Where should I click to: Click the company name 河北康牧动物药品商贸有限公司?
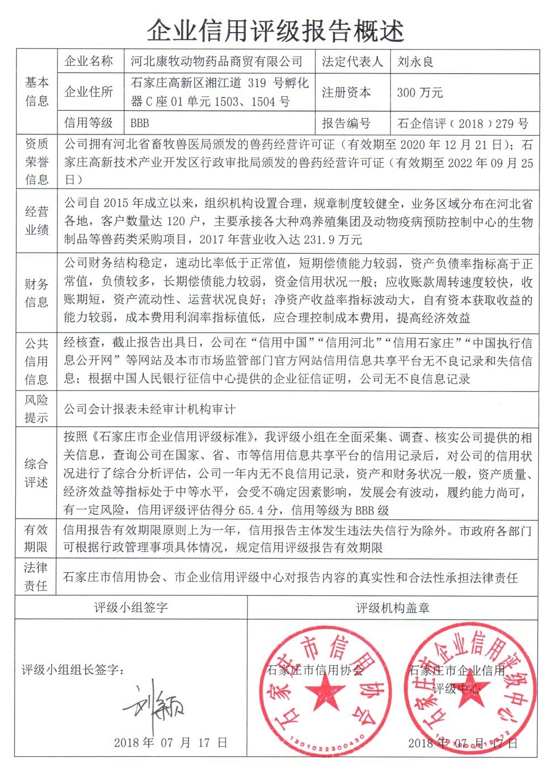pyautogui.click(x=217, y=61)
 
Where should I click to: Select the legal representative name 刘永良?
pyautogui.click(x=415, y=61)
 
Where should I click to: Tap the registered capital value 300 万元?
pyautogui.click(x=420, y=93)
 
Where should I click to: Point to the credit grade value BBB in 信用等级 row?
pyautogui.click(x=139, y=123)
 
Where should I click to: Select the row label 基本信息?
pyautogui.click(x=37, y=92)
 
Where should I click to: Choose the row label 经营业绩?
pyautogui.click(x=37, y=221)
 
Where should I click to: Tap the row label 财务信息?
pyautogui.click(x=37, y=293)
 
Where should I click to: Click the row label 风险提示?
pyautogui.click(x=37, y=409)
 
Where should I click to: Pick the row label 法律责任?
pyautogui.click(x=37, y=576)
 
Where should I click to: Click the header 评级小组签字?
pyautogui.click(x=130, y=608)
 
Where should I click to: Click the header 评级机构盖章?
pyautogui.click(x=393, y=608)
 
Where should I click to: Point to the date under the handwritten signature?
pyautogui.click(x=170, y=743)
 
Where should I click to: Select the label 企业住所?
pyautogui.click(x=89, y=92)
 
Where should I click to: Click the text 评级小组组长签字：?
pyautogui.click(x=73, y=670)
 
